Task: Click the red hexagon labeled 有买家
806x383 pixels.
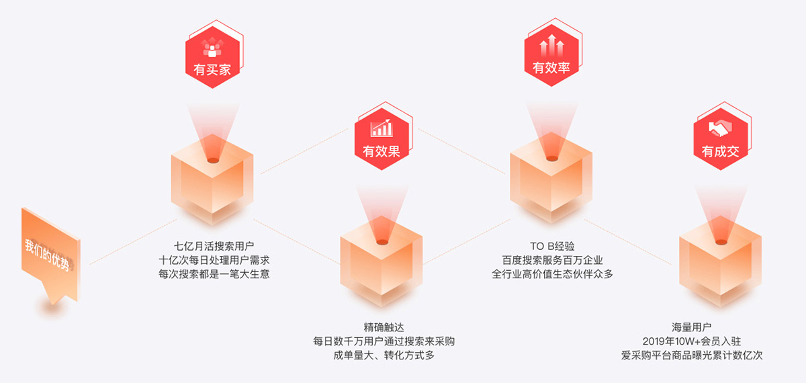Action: pyautogui.click(x=212, y=59)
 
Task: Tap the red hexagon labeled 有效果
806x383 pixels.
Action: pyautogui.click(x=382, y=141)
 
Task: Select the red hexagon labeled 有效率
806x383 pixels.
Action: pyautogui.click(x=551, y=59)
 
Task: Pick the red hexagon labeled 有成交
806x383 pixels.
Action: pyautogui.click(x=720, y=141)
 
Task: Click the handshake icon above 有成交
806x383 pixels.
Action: pyautogui.click(x=720, y=128)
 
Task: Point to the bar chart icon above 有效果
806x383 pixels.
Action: pyautogui.click(x=382, y=128)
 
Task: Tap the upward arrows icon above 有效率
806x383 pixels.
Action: pyautogui.click(x=551, y=46)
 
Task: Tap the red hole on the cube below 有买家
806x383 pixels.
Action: pyautogui.click(x=212, y=160)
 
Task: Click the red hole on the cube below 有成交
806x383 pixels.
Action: pyautogui.click(x=720, y=242)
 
